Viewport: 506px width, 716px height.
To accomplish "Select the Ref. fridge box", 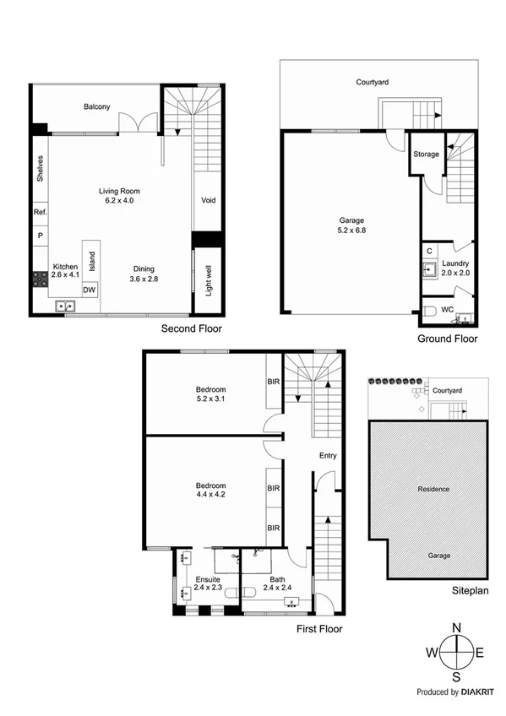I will pos(40,213).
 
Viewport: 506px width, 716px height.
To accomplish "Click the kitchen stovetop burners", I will pos(39,278).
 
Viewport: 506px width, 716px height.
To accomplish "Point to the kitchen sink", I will pos(64,306).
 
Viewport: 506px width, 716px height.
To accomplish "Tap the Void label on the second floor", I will pos(208,201).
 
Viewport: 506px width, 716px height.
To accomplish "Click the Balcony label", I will pos(98,107).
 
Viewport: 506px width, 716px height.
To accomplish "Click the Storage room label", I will pos(426,155).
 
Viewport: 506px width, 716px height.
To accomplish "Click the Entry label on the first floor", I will pos(328,456).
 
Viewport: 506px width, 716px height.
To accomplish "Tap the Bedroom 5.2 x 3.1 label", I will pos(210,393).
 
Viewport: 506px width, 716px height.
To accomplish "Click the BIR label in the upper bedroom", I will pos(273,382).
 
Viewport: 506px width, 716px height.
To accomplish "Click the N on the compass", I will pos(457,628).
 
